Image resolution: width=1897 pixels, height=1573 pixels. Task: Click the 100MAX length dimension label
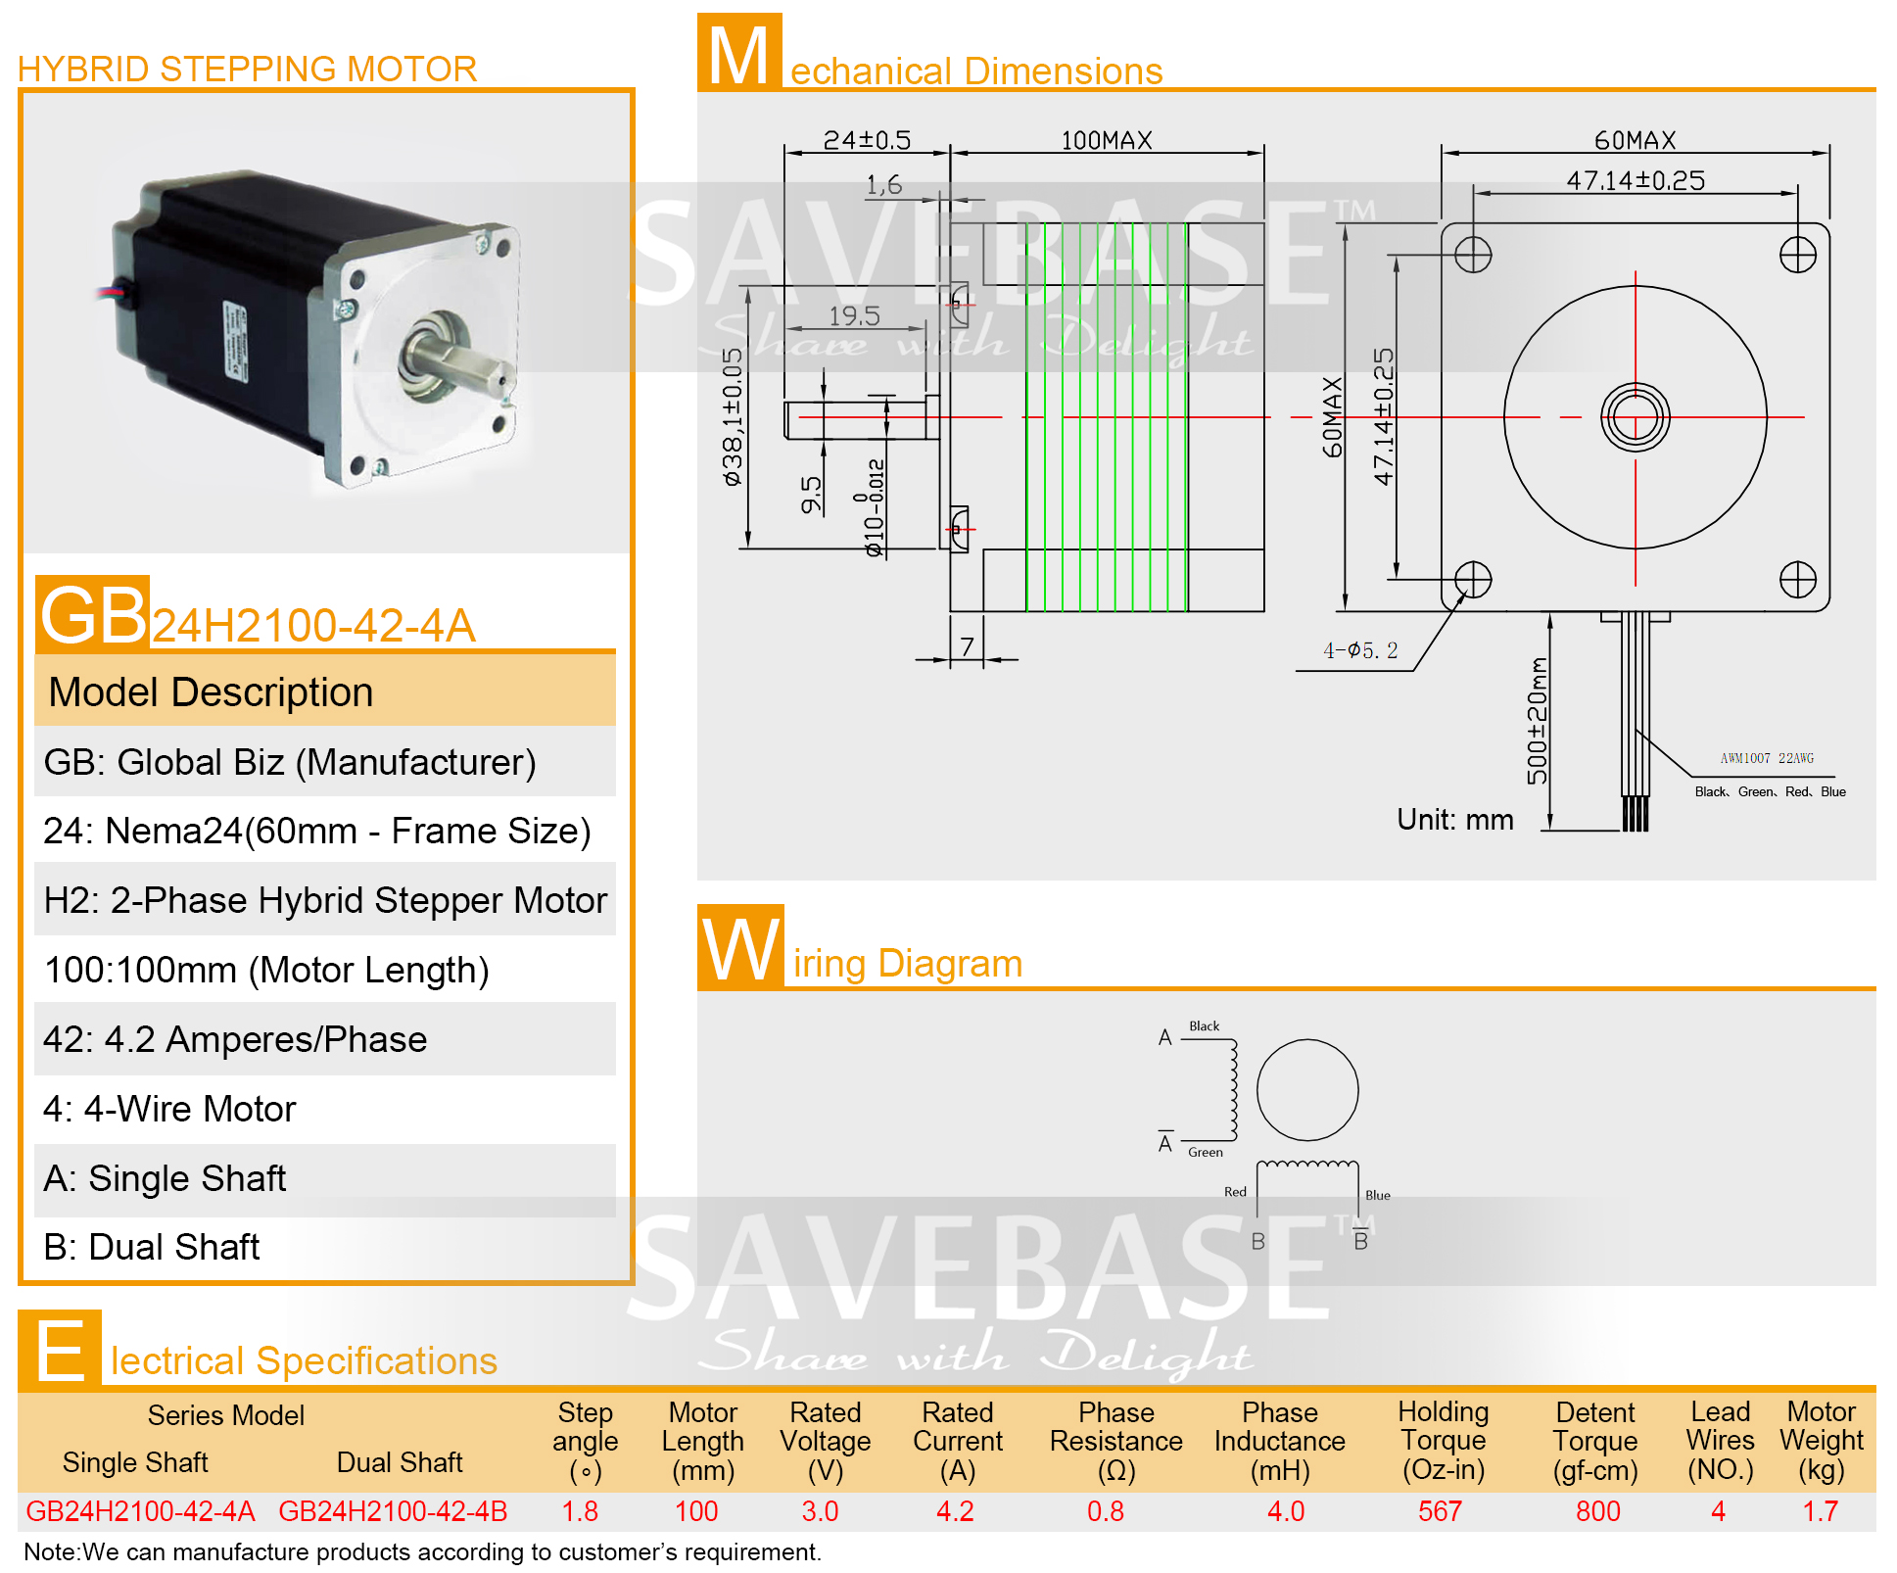[x=1107, y=140]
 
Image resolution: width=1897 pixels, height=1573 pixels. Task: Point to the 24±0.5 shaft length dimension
[x=867, y=140]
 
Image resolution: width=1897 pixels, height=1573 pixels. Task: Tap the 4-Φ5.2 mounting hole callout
[x=1360, y=649]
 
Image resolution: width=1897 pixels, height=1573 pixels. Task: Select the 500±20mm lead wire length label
[x=1538, y=721]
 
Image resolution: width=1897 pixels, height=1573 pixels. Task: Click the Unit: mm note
[x=1455, y=819]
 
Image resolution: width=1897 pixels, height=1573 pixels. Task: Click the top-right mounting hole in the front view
[x=1798, y=255]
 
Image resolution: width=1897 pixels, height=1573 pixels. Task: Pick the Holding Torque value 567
[x=1440, y=1511]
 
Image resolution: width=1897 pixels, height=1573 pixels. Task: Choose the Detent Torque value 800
[x=1597, y=1511]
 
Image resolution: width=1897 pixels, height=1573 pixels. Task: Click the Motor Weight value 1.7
[x=1821, y=1511]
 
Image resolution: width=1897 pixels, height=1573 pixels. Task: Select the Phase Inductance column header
[x=1280, y=1441]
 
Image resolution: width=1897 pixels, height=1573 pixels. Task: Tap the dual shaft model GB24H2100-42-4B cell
[x=393, y=1511]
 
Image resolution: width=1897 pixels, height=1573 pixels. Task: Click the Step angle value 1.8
[x=580, y=1511]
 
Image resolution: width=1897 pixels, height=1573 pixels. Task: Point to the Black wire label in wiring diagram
[x=1205, y=1025]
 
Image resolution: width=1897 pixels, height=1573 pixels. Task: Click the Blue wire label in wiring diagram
[x=1378, y=1195]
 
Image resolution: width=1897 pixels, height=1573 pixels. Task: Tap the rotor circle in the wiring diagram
[x=1307, y=1040]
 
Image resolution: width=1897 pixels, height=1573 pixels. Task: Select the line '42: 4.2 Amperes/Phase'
[x=235, y=1039]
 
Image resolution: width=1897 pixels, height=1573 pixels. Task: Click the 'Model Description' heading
[x=211, y=691]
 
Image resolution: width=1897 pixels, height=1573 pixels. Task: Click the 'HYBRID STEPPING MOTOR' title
[x=247, y=69]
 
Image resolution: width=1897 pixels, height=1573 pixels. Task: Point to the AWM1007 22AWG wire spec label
[x=1767, y=758]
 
